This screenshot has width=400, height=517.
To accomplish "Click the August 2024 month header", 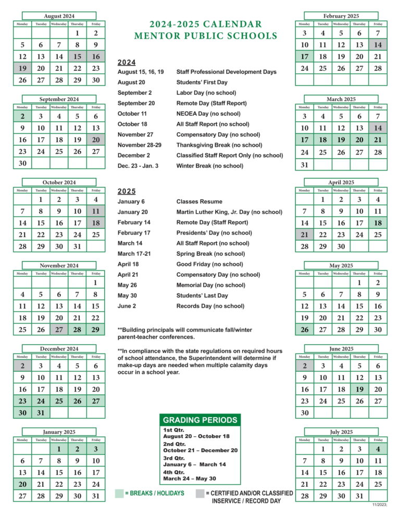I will (x=59, y=16).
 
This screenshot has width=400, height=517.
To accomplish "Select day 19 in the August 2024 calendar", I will (x=22, y=68).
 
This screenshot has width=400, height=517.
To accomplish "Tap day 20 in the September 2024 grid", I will (x=96, y=140).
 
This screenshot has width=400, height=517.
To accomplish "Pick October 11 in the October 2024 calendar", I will (x=96, y=212).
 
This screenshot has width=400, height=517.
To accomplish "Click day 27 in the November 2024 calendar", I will (x=59, y=330).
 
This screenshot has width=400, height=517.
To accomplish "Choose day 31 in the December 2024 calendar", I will (x=41, y=413).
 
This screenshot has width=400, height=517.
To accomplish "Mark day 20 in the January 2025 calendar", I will (x=22, y=484).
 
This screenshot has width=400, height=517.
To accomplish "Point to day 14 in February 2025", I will (x=378, y=45).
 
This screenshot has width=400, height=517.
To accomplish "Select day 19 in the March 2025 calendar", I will (x=341, y=140).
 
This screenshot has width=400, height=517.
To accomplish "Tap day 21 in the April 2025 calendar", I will (x=305, y=235).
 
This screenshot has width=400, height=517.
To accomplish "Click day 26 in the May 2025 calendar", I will (x=305, y=330).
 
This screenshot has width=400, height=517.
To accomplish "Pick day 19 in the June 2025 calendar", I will (x=359, y=389).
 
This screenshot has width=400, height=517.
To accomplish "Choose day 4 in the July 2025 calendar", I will (x=378, y=449).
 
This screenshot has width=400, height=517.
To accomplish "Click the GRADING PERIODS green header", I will (x=201, y=420).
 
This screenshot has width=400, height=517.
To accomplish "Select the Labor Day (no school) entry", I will (x=206, y=93).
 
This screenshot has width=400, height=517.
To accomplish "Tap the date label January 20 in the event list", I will (x=133, y=212).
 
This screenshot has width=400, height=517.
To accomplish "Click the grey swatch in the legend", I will (x=199, y=493).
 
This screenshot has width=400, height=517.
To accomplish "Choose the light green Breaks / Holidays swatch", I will (x=119, y=493).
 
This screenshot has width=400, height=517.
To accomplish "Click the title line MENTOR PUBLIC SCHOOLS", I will (x=205, y=36).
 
